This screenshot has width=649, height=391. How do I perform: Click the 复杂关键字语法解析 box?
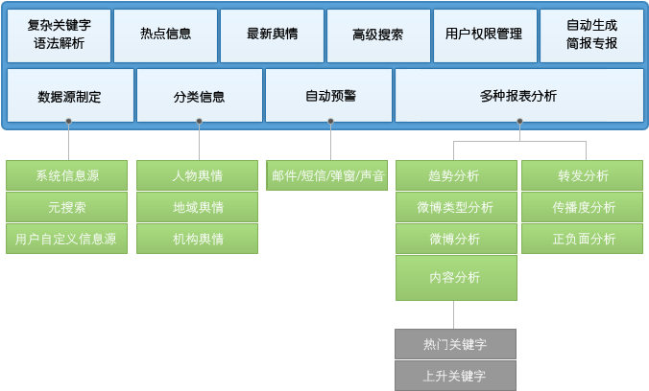(59, 35)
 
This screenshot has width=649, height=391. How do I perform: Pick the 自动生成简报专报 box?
(591, 35)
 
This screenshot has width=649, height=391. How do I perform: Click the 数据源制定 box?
(69, 96)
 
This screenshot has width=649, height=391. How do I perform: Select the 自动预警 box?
(330, 96)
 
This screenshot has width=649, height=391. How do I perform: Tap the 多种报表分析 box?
(518, 96)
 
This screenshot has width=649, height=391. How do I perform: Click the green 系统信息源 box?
(67, 175)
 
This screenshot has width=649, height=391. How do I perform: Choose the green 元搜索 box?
(67, 207)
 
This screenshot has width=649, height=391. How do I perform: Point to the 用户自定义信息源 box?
(67, 239)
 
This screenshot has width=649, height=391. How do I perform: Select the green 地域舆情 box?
(198, 207)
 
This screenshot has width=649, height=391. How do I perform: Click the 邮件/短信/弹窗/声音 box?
(328, 175)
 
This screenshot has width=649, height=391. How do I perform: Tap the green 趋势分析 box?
(455, 175)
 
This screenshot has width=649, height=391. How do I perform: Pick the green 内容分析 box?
(455, 278)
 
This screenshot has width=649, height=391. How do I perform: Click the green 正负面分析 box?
(583, 239)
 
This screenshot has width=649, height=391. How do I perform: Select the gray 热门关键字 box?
(455, 343)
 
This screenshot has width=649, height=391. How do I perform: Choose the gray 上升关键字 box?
(455, 375)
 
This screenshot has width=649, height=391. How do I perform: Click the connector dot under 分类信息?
(199, 122)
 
